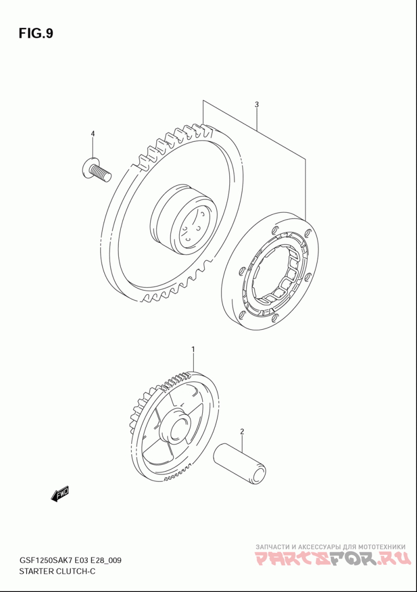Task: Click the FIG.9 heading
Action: click(x=36, y=33)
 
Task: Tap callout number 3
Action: click(x=256, y=105)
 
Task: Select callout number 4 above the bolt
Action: click(x=92, y=134)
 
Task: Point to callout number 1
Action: click(x=193, y=349)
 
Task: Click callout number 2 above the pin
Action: click(x=242, y=431)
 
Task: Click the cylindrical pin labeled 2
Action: click(x=240, y=463)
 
